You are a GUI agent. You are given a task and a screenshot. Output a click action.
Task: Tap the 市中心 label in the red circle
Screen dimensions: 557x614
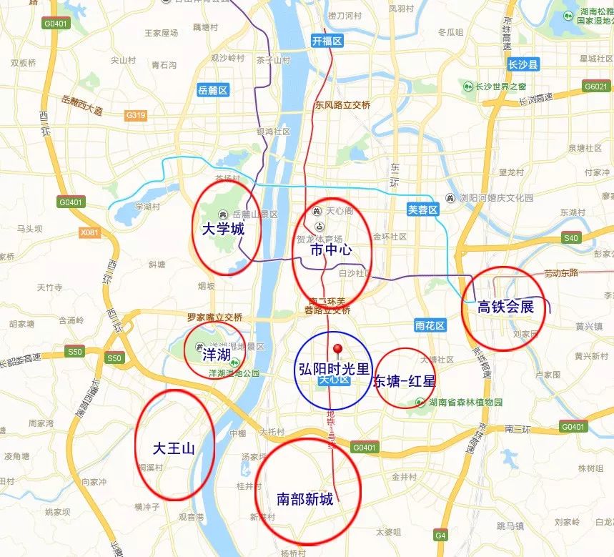(332, 250)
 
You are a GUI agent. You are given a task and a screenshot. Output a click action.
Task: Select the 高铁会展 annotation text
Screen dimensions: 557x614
(505, 307)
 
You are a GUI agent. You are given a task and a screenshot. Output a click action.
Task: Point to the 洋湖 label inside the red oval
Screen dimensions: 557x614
(216, 353)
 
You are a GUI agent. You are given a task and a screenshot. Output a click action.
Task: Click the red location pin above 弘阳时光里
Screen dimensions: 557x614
(339, 350)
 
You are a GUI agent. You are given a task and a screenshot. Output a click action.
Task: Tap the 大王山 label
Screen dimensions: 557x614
(174, 448)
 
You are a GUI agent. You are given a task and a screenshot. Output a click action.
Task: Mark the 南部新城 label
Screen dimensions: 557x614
(305, 499)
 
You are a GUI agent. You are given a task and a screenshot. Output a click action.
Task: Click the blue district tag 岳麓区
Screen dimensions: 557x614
(212, 90)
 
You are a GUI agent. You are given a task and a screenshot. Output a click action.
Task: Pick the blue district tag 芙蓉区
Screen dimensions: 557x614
(422, 210)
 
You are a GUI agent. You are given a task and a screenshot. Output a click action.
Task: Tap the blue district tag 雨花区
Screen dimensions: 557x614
(430, 325)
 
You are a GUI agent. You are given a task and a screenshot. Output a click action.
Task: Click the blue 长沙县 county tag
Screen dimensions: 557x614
(523, 65)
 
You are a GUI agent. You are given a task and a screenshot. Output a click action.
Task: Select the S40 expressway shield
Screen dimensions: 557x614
(571, 238)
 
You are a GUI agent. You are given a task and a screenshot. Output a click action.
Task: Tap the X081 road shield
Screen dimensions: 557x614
(90, 232)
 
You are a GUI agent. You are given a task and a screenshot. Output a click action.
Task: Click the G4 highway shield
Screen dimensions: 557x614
(440, 535)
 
